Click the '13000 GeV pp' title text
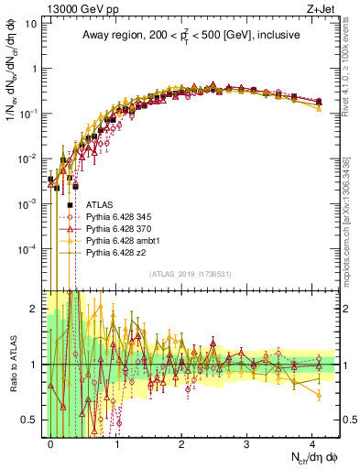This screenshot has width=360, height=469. tap(69, 7)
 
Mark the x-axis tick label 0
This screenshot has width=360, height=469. tap(51, 442)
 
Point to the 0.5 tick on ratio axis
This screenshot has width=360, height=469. tap(33, 420)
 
